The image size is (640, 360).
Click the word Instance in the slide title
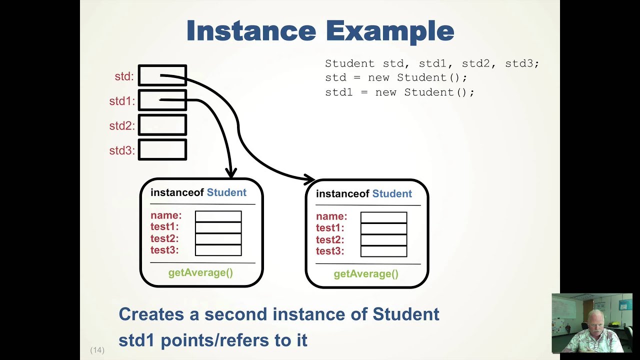(251, 31)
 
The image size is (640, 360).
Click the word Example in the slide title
(390, 32)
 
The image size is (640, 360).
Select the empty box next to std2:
(162, 125)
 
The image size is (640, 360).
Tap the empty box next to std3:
(162, 150)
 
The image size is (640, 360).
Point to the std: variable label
(124, 76)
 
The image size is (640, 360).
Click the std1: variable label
(122, 101)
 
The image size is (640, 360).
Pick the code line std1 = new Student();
(399, 92)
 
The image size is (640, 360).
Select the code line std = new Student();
(396, 78)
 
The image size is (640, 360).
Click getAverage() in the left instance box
(200, 272)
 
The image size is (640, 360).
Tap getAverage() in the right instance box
(366, 273)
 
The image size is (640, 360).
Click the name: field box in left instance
(218, 216)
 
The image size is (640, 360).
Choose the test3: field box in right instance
(383, 251)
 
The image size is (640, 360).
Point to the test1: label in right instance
(330, 228)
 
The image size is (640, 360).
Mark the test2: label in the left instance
(164, 238)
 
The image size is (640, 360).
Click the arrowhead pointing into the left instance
(231, 173)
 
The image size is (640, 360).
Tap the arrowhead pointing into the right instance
(309, 178)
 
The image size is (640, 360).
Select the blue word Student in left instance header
(226, 192)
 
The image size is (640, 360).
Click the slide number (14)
(97, 350)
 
